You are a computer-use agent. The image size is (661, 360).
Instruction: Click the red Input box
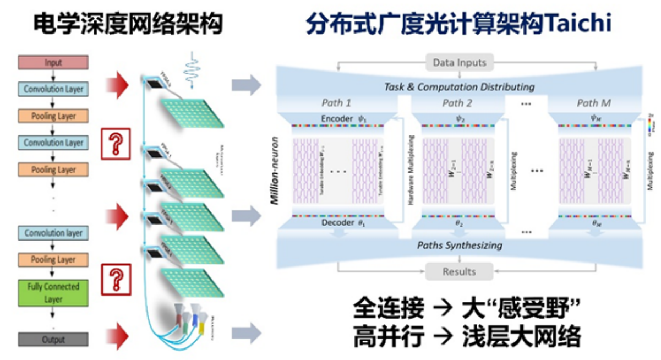point(53,62)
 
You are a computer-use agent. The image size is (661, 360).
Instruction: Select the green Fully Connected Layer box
point(53,293)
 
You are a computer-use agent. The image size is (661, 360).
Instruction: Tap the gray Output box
point(53,340)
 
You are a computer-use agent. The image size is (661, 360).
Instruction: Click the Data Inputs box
point(460,62)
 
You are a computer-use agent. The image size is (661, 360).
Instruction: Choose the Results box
point(459,271)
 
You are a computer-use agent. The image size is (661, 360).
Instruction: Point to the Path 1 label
point(336,103)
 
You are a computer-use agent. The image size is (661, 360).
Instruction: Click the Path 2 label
point(457,103)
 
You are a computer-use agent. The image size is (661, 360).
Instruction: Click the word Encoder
point(337,119)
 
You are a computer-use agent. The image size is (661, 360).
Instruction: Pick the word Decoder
point(337,223)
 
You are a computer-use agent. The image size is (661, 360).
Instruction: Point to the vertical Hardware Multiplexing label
point(410,171)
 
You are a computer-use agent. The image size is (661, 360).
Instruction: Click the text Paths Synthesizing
point(459,245)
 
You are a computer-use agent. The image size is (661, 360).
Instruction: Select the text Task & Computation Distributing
point(459,86)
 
